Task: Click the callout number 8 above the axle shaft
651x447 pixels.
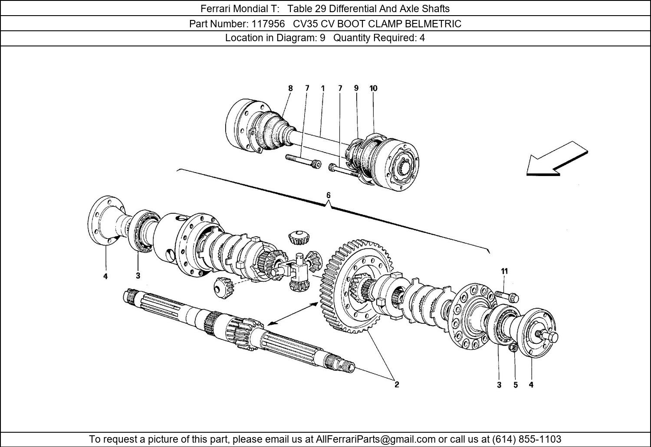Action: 290,88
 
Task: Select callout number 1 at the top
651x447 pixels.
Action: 323,88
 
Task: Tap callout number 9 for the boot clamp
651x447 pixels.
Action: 356,88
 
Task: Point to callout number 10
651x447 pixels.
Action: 373,88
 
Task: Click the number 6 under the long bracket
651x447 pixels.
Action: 329,196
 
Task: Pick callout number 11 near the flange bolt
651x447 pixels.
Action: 504,271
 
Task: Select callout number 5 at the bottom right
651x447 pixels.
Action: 516,385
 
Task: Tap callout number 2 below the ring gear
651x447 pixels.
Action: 397,384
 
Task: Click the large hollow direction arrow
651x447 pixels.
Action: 557,159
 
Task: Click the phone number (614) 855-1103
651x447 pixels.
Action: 526,439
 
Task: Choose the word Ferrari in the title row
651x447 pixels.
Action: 216,8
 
